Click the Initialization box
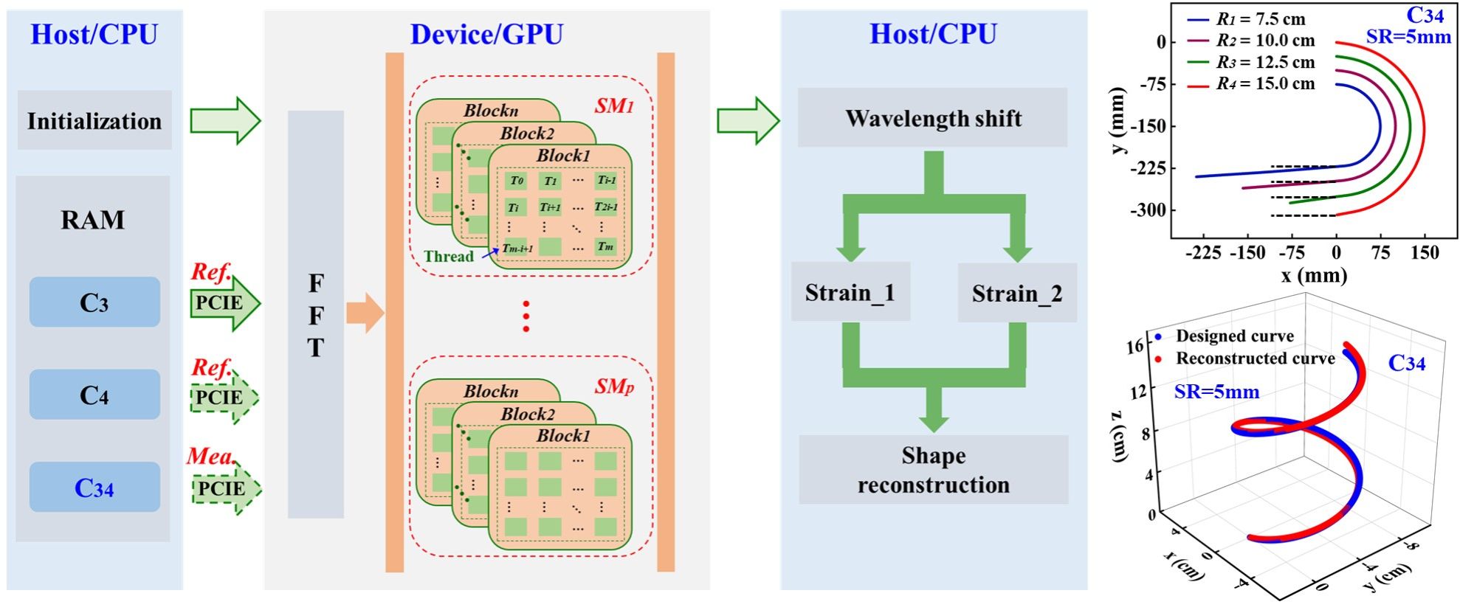click(94, 120)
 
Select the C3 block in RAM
click(94, 302)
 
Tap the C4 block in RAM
click(94, 395)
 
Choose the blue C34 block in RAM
click(94, 488)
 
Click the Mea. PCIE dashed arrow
click(225, 488)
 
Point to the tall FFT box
click(316, 315)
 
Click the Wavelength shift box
click(933, 118)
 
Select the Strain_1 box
click(850, 292)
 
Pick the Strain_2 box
click(1016, 294)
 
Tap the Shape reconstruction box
click(933, 470)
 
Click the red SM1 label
click(614, 106)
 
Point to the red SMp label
click(614, 386)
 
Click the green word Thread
click(449, 257)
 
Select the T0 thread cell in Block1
click(517, 181)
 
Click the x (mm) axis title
click(1314, 276)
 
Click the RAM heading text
click(93, 220)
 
